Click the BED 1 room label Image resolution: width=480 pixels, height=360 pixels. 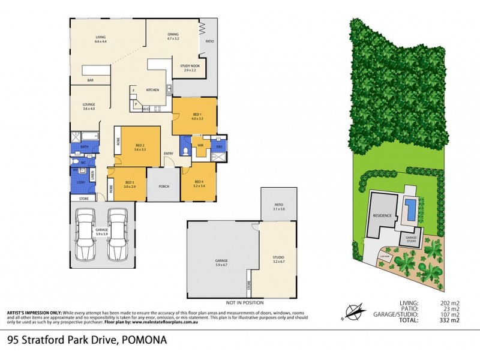196,114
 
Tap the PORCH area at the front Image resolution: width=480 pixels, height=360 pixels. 163,187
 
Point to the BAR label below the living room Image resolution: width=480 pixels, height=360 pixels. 91,79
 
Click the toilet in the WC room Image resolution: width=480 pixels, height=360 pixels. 74,162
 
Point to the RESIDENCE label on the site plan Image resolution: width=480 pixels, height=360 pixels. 382,215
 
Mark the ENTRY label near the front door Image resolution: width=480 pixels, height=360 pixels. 169,154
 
